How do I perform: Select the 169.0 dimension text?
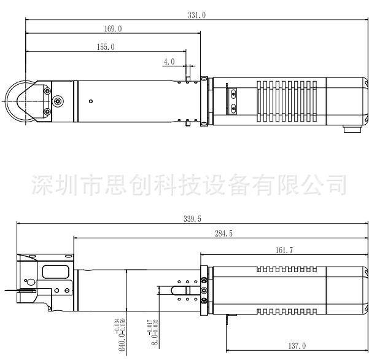[113, 29]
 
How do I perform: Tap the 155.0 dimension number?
[105, 47]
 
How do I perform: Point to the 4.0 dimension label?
[169, 61]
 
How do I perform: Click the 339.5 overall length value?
[192, 219]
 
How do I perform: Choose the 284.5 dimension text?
[223, 233]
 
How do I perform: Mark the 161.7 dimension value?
[284, 250]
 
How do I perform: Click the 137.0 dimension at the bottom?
[296, 346]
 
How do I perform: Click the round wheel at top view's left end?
[15, 101]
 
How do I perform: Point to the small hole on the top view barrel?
[91, 101]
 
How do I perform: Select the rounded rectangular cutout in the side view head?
[54, 272]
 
